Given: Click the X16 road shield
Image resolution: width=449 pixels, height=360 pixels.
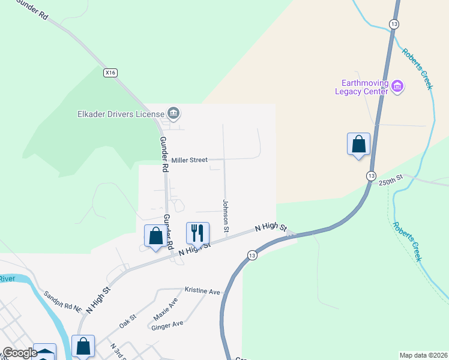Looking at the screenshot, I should [x=109, y=73].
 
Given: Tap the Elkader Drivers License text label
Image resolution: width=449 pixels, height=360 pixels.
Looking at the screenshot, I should [x=121, y=114].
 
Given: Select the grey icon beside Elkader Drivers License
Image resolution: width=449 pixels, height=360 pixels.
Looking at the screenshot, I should [x=173, y=113].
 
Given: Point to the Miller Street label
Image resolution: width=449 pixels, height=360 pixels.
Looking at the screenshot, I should [x=189, y=160].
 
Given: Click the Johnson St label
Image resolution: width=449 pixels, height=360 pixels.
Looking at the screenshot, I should [x=226, y=216].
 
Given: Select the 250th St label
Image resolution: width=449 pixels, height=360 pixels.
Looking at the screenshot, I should [x=390, y=181].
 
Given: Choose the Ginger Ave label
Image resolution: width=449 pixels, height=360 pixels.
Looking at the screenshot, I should [x=167, y=324].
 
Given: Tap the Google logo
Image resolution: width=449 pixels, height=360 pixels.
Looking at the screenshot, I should [x=19, y=353].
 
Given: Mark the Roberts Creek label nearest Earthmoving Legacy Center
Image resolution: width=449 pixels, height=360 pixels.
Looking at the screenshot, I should [x=417, y=69].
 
